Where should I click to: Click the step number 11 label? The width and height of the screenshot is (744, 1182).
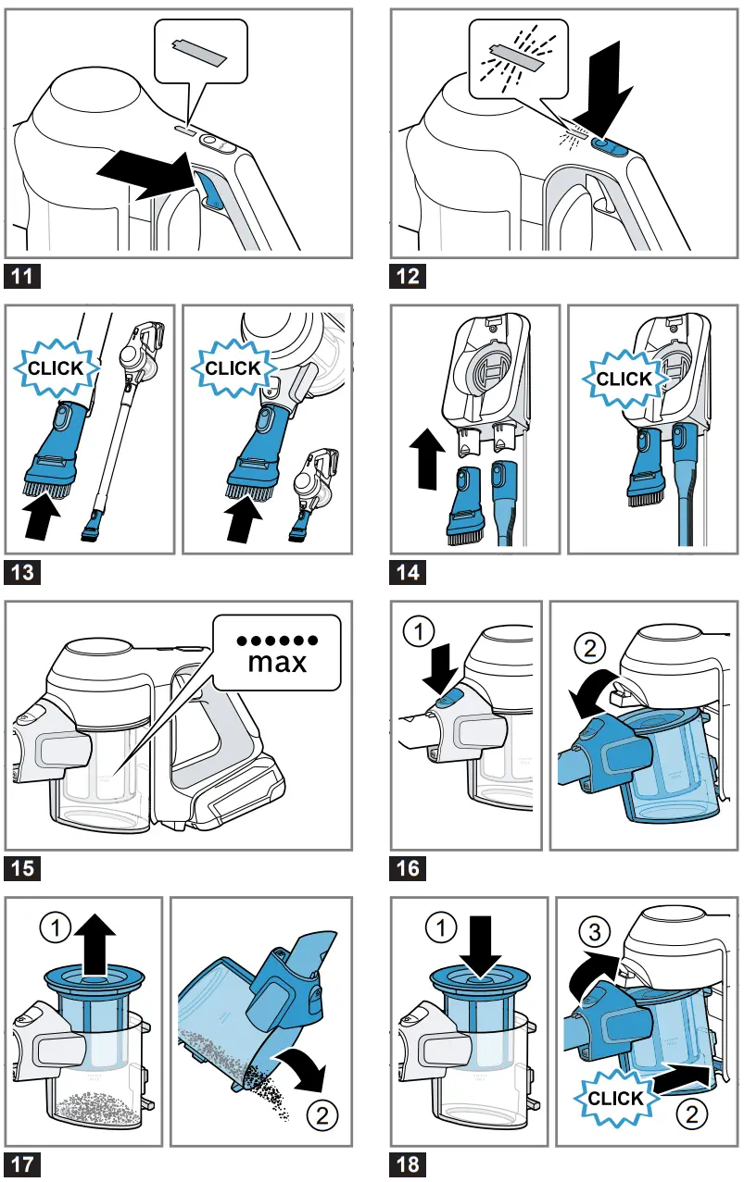(x=21, y=276)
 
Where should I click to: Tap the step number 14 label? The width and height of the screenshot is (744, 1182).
(x=408, y=573)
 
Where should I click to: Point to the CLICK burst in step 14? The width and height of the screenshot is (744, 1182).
(x=624, y=379)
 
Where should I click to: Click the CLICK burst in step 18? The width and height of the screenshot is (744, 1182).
(x=615, y=1098)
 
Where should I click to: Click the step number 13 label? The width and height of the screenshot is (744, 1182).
(x=21, y=573)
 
